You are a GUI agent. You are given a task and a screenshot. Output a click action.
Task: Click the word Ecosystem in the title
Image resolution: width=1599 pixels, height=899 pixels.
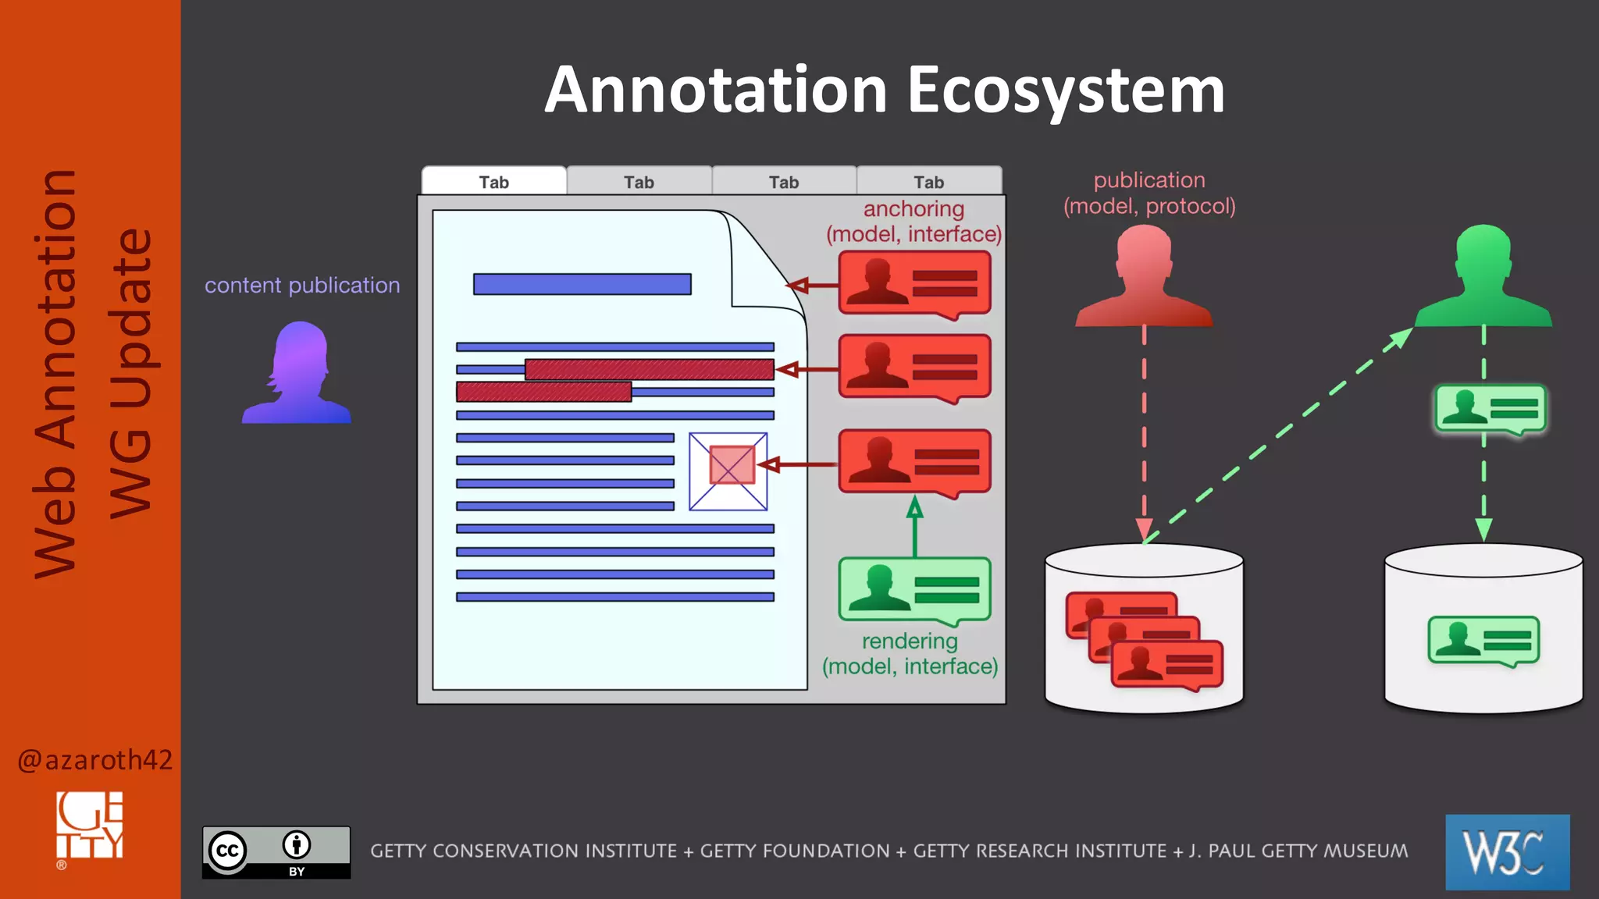pyautogui.click(x=1065, y=91)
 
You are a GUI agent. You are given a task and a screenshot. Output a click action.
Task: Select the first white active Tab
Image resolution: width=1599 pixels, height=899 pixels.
pyautogui.click(x=493, y=181)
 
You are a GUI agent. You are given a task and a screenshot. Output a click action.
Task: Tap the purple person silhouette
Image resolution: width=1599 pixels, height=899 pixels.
pyautogui.click(x=297, y=375)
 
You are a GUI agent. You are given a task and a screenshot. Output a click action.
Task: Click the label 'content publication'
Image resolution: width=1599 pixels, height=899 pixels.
pyautogui.click(x=302, y=286)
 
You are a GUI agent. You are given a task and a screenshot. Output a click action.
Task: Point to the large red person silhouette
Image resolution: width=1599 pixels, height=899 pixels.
pyautogui.click(x=1144, y=277)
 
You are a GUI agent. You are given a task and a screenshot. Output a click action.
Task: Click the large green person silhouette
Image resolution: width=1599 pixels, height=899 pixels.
pyautogui.click(x=1483, y=277)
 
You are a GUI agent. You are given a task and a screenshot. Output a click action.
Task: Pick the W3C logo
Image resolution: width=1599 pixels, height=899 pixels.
pyautogui.click(x=1507, y=852)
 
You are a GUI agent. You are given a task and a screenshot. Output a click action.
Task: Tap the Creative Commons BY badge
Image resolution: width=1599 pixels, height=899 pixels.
pyautogui.click(x=276, y=852)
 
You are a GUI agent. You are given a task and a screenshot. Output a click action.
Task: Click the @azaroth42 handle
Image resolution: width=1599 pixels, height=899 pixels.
pyautogui.click(x=94, y=760)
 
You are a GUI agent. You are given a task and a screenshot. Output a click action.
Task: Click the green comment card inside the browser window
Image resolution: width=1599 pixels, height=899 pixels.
pyautogui.click(x=914, y=590)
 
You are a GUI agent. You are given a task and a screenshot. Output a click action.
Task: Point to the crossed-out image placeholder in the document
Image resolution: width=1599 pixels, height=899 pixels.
pyautogui.click(x=728, y=471)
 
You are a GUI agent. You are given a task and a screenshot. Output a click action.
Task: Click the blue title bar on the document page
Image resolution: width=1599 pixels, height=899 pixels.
pyautogui.click(x=582, y=284)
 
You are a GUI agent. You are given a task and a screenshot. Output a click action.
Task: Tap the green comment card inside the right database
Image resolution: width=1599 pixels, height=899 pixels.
pyautogui.click(x=1483, y=641)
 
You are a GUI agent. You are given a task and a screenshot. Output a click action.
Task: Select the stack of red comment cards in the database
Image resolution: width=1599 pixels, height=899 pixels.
pyautogui.click(x=1145, y=641)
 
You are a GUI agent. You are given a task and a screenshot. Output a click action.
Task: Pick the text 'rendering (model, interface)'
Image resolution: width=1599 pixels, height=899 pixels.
pyautogui.click(x=910, y=654)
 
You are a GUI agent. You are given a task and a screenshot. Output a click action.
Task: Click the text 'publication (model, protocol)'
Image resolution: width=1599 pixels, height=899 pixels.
pyautogui.click(x=1149, y=193)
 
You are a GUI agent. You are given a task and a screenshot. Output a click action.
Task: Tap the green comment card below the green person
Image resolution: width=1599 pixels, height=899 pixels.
pyautogui.click(x=1490, y=409)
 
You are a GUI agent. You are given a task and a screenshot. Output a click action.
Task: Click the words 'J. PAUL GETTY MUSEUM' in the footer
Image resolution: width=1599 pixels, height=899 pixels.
pyautogui.click(x=1298, y=851)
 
